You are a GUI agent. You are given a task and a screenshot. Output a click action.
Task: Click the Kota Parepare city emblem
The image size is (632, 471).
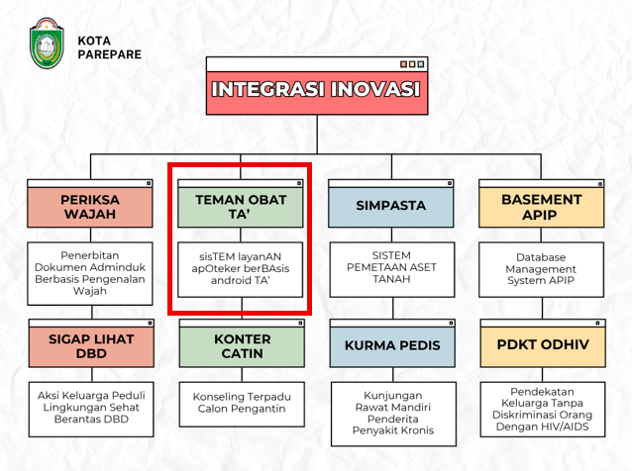pos(47,44)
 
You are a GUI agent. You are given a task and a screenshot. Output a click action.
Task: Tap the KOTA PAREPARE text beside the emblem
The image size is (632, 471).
pos(109,47)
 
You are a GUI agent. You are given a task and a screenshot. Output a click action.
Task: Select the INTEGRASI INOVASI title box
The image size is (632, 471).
pos(317,86)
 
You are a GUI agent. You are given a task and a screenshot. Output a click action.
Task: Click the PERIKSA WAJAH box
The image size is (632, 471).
pos(90,204)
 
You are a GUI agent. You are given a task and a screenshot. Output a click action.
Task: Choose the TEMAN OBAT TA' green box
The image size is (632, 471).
pos(241,204)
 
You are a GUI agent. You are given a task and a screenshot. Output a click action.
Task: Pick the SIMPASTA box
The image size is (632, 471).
pos(391,204)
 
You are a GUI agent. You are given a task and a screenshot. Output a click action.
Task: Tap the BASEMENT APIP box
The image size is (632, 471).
pos(541,204)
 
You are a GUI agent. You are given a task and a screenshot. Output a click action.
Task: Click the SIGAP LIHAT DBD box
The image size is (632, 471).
pos(91,343)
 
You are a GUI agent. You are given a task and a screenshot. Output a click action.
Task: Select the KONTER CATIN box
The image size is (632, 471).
pos(242,343)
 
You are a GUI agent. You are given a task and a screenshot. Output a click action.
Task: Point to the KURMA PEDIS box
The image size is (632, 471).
pos(392,343)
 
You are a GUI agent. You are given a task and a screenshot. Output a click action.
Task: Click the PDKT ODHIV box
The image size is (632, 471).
pos(543,343)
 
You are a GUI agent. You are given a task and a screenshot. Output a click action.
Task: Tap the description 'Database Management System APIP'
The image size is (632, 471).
pos(541,269)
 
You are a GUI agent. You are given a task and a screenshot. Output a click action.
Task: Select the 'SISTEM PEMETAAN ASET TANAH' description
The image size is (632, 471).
pos(391,267)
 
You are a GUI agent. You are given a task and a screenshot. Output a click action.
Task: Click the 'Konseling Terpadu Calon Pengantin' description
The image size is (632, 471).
pos(242,403)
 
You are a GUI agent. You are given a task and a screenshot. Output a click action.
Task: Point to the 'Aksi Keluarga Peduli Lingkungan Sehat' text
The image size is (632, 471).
pos(91,402)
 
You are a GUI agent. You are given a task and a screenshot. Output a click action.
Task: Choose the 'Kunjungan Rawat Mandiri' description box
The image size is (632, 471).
pos(393,414)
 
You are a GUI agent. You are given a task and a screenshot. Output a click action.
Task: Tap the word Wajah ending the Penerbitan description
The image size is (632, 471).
pos(90,291)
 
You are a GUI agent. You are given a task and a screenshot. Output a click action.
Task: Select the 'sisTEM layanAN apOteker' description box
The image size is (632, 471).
pos(241,270)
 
